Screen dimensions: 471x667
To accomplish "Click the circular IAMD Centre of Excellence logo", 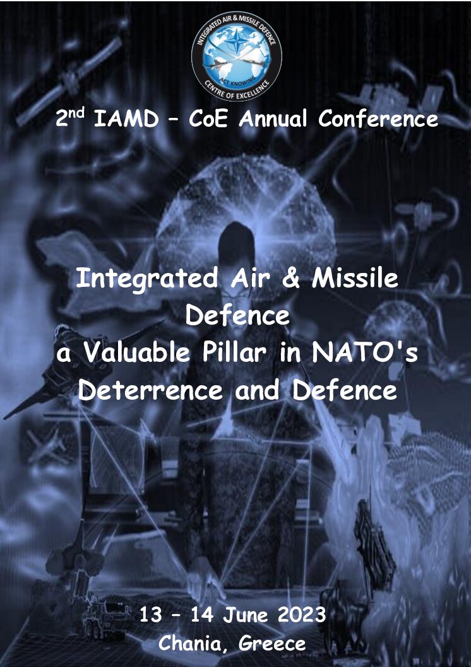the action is [236, 55].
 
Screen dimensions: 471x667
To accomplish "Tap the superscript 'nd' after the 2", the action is [77, 113].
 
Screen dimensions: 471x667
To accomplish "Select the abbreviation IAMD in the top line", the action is [126, 119].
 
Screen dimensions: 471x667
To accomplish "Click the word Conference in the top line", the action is [378, 119].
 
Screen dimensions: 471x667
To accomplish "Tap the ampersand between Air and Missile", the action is [291, 278].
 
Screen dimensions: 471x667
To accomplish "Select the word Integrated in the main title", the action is [147, 279].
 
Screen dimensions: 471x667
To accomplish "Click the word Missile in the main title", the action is [355, 278].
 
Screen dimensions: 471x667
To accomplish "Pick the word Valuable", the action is [136, 352].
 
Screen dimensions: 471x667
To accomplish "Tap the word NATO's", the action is [365, 352].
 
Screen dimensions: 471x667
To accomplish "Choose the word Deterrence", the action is [150, 390].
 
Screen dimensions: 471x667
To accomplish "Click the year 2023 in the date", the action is [302, 615].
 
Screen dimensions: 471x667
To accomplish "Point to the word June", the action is [246, 615].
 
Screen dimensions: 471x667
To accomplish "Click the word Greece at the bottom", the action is [272, 643].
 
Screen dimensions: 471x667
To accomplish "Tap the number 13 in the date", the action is [151, 615].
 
